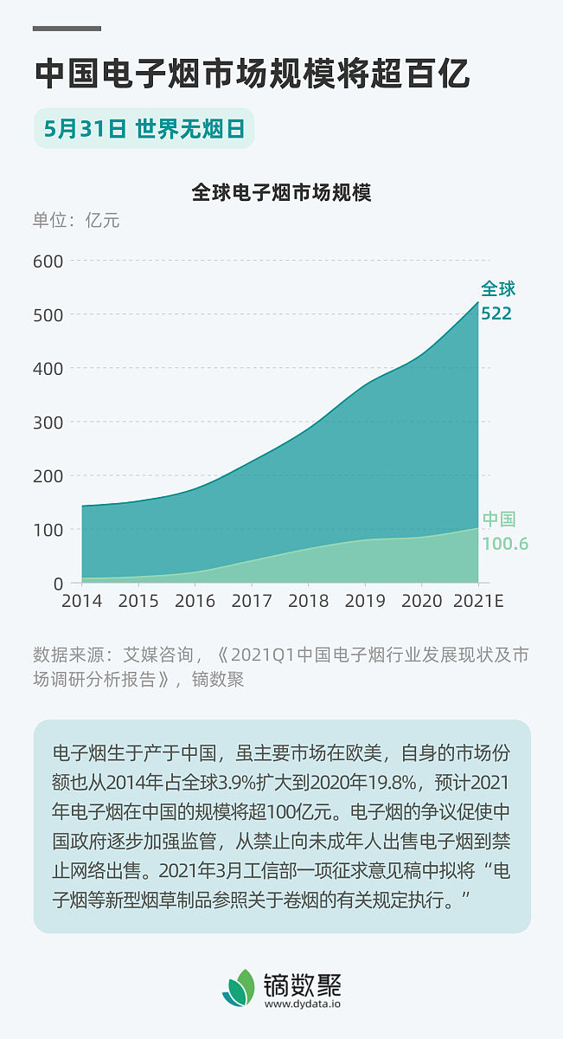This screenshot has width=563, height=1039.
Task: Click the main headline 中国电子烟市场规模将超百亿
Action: [x=252, y=74]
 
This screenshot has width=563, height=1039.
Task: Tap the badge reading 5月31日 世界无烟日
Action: [x=144, y=128]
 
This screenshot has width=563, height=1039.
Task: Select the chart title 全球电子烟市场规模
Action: [x=281, y=192]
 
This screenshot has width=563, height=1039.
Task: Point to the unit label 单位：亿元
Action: [x=76, y=220]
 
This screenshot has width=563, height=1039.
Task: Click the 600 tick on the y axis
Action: [x=48, y=261]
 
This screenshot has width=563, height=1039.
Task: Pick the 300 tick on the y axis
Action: [x=48, y=422]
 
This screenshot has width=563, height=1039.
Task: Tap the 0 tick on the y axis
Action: [x=57, y=583]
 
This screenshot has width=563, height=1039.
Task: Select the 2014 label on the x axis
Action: [x=82, y=601]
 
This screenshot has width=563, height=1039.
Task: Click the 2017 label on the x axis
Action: [x=252, y=601]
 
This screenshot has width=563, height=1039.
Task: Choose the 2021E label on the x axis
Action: [x=477, y=601]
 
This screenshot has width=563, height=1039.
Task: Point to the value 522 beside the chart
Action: [x=496, y=313]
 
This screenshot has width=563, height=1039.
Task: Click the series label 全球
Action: [x=498, y=289]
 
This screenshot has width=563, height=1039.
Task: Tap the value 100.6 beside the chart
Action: [x=504, y=544]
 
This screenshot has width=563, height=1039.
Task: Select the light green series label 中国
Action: [x=499, y=519]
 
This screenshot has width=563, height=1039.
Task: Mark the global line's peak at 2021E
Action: [x=477, y=302]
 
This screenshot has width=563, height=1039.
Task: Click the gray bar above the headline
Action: [x=67, y=29]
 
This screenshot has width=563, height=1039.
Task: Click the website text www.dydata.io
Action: [x=303, y=1004]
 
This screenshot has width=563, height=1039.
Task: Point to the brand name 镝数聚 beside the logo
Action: [x=303, y=984]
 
